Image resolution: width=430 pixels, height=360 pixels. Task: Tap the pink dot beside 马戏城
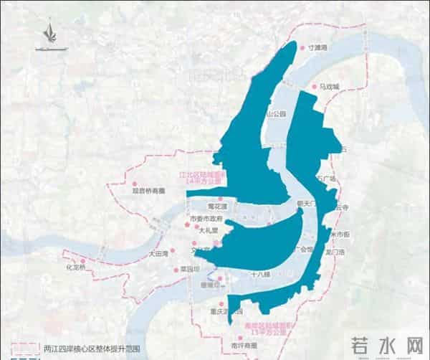coord(314,87)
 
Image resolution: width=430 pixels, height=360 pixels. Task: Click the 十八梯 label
coord(260,275)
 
